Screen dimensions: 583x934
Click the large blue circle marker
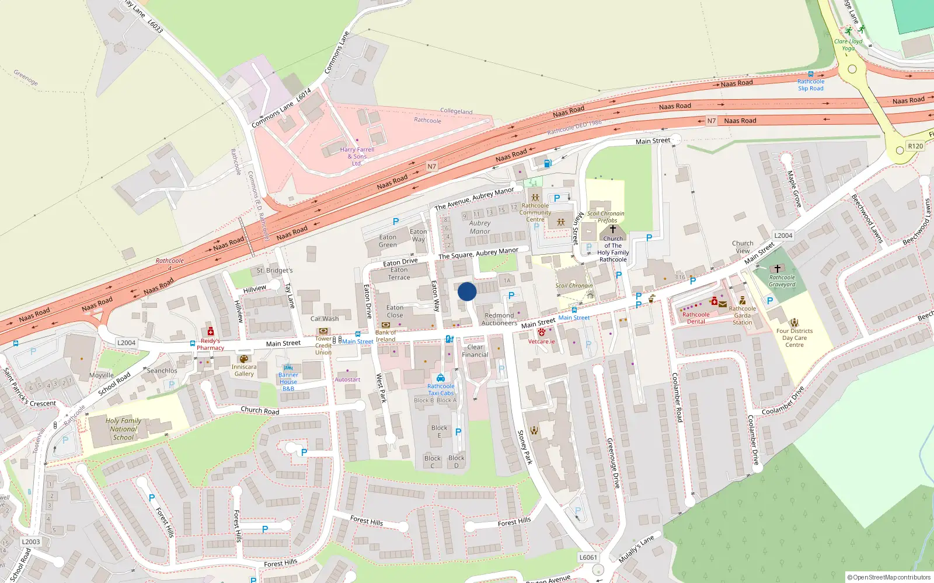point(467,291)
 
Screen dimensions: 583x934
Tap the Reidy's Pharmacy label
point(210,345)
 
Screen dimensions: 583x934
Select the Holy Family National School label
point(123,429)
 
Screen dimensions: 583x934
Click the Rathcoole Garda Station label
point(742,315)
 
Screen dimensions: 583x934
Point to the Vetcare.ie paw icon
point(541,332)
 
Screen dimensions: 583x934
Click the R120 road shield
point(915,146)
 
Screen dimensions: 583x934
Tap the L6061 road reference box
point(588,557)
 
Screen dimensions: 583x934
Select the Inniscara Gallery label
point(244,370)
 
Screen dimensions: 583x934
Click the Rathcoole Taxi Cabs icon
point(441,378)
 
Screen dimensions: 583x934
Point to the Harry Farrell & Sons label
point(357,156)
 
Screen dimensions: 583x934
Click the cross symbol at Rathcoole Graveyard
point(778,269)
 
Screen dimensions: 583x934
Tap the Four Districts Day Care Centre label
point(794,338)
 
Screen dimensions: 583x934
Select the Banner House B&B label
point(288,382)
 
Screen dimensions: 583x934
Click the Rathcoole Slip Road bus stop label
point(810,85)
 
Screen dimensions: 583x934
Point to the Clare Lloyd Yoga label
point(848,45)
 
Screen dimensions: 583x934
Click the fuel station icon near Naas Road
point(548,164)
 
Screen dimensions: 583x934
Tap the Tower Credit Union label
point(323,346)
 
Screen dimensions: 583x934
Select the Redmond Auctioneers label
point(499,319)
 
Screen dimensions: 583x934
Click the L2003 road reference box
point(31,542)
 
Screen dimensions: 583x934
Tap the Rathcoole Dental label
point(696,318)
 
